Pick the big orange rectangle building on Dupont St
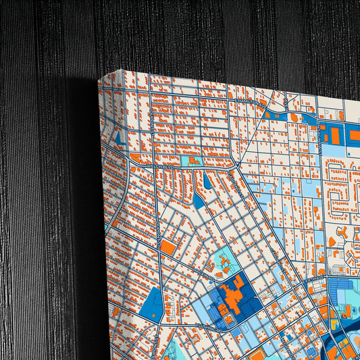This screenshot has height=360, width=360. click(x=168, y=247)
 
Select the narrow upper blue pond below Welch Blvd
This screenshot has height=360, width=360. click(x=207, y=181)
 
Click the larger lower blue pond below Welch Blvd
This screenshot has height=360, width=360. click(x=199, y=200)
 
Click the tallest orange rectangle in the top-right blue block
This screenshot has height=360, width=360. click(x=335, y=135)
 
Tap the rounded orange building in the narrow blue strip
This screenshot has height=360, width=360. click(x=295, y=117)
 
